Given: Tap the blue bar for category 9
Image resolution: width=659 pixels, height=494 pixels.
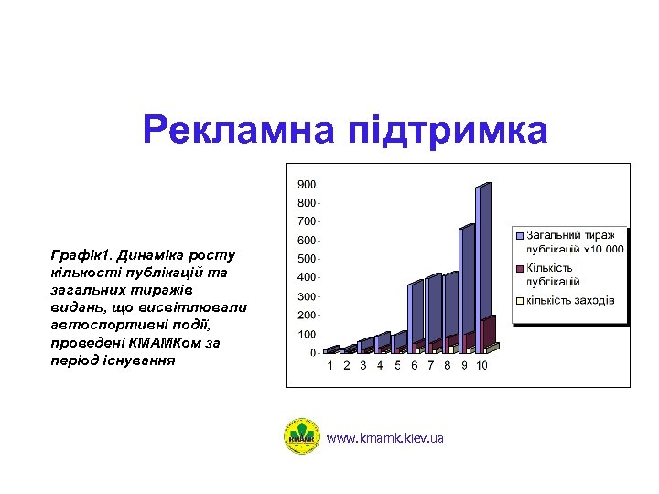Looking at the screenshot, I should click(467, 284).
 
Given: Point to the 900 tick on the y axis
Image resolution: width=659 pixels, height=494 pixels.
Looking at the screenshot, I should click(307, 184).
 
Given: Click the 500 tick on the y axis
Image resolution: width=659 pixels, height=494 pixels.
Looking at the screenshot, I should click(307, 259).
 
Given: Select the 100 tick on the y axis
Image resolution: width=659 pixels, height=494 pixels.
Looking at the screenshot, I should click(307, 334).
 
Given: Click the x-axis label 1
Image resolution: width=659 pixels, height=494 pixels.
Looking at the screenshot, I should click(330, 366).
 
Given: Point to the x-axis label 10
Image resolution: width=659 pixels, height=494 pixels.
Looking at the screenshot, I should click(481, 366).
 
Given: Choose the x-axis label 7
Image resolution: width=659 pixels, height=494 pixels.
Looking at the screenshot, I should click(430, 366).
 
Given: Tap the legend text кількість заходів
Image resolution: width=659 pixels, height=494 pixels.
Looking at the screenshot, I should click(569, 301).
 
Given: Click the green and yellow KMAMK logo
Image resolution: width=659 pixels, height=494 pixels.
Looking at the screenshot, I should click(301, 436).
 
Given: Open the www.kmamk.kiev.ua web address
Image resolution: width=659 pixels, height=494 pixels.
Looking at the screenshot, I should click(384, 439).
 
